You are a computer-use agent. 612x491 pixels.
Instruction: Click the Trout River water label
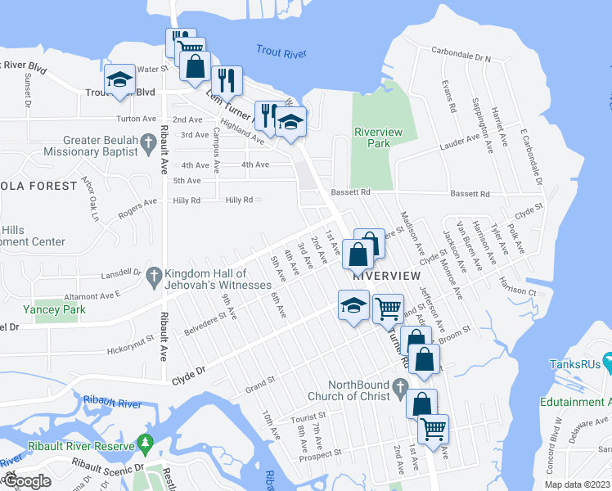pyautogui.click(x=280, y=52)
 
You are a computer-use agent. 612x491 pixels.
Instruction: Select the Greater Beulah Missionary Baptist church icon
pyautogui.click(x=148, y=145)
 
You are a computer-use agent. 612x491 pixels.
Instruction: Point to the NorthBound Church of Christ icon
pyautogui.click(x=400, y=385)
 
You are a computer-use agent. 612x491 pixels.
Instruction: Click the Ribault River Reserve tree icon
pyautogui.click(x=146, y=443)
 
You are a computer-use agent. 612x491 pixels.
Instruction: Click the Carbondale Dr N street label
pyautogui.click(x=460, y=59)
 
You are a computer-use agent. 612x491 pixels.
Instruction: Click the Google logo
pyautogui.click(x=26, y=481)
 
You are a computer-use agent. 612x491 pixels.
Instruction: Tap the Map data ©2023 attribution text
pyautogui.click(x=577, y=484)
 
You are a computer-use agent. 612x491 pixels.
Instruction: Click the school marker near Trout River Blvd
pyautogui.click(x=120, y=80)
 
